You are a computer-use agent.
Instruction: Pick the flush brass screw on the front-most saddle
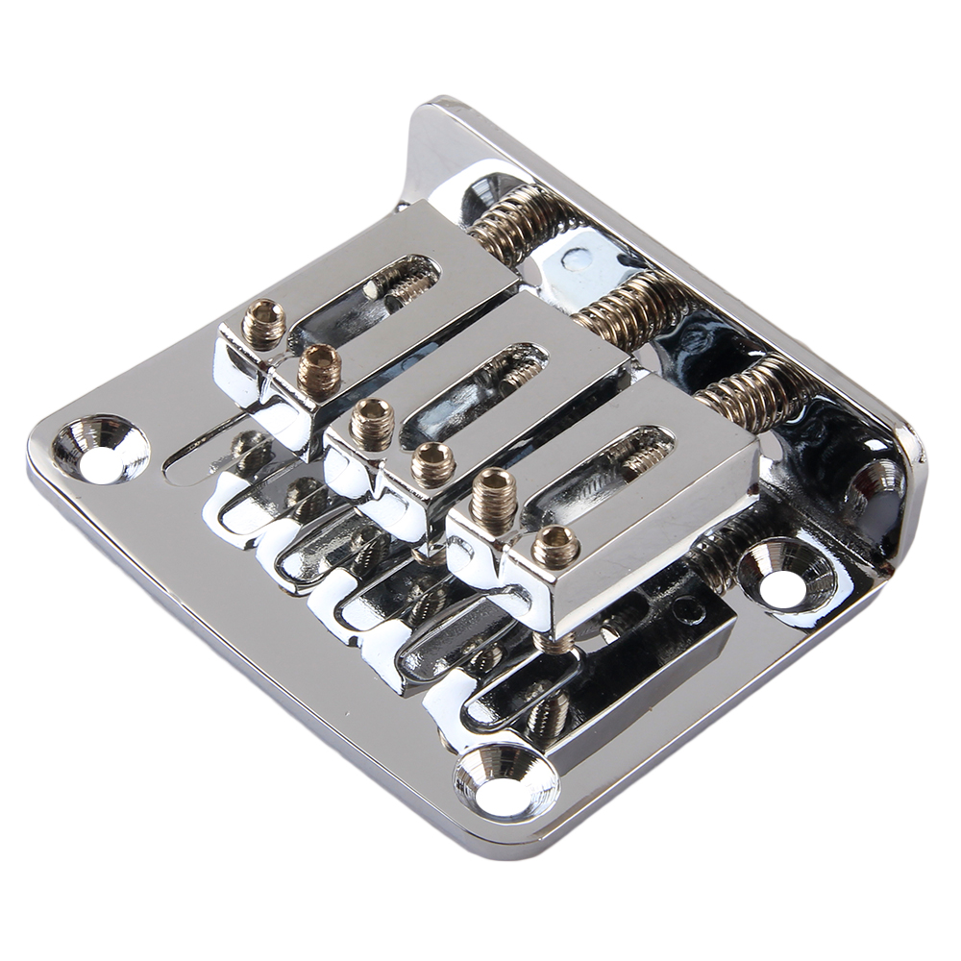point(556,546)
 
